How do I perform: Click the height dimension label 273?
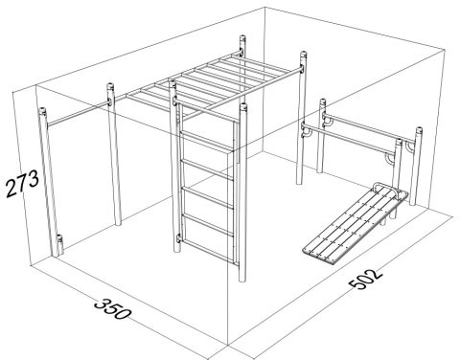click(x=22, y=183)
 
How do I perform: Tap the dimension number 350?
click(x=112, y=308)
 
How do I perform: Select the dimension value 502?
click(x=365, y=279)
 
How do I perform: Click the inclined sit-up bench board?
click(x=356, y=225)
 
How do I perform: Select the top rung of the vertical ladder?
click(x=207, y=141)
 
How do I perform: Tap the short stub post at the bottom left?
click(x=59, y=245)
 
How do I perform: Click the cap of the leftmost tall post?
click(x=42, y=112)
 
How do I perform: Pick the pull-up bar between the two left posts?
click(x=79, y=113)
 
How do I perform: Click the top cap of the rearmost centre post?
click(x=243, y=40)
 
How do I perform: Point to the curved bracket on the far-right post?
click(x=408, y=147)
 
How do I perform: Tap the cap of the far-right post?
click(x=419, y=130)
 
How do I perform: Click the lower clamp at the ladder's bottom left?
click(x=179, y=238)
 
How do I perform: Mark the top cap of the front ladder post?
click(x=243, y=107)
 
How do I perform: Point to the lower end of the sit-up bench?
click(x=318, y=256)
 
